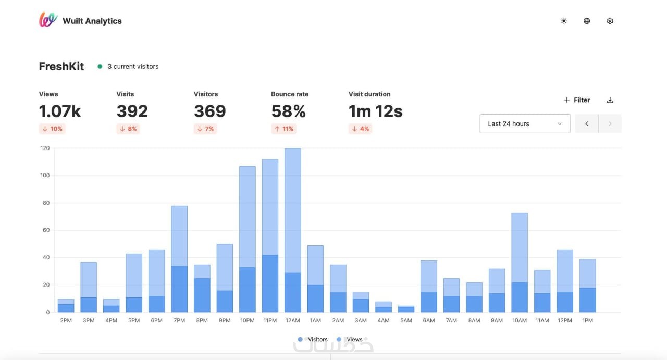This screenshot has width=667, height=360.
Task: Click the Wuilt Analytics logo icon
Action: (48, 20)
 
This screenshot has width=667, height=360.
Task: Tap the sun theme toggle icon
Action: (563, 21)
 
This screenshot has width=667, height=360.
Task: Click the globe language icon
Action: (587, 21)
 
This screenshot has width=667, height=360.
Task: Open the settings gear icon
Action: (610, 21)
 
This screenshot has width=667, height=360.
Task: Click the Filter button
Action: (577, 100)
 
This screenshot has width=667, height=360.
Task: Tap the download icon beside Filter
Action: (610, 100)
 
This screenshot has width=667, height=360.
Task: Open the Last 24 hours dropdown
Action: (525, 123)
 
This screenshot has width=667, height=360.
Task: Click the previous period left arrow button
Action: (587, 123)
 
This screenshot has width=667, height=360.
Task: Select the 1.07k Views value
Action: (60, 111)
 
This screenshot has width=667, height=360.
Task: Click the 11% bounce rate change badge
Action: (284, 129)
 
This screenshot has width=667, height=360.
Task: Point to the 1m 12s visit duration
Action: (375, 111)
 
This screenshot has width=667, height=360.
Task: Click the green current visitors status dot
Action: (100, 66)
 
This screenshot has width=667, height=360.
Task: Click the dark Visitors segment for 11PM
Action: (270, 284)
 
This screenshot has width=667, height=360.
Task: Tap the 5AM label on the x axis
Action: (406, 320)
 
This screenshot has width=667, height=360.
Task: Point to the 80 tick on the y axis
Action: (45, 203)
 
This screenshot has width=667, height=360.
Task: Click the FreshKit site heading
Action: (61, 66)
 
